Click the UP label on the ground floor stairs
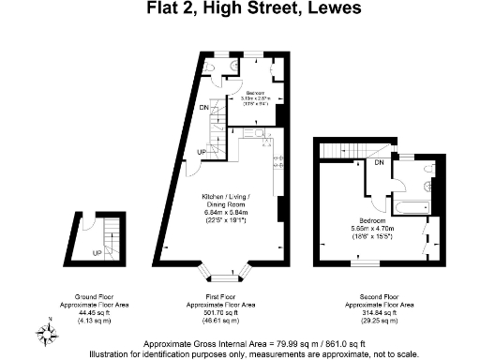coord(97,252)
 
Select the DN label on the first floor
coord(203,108)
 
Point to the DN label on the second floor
coord(379,163)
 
